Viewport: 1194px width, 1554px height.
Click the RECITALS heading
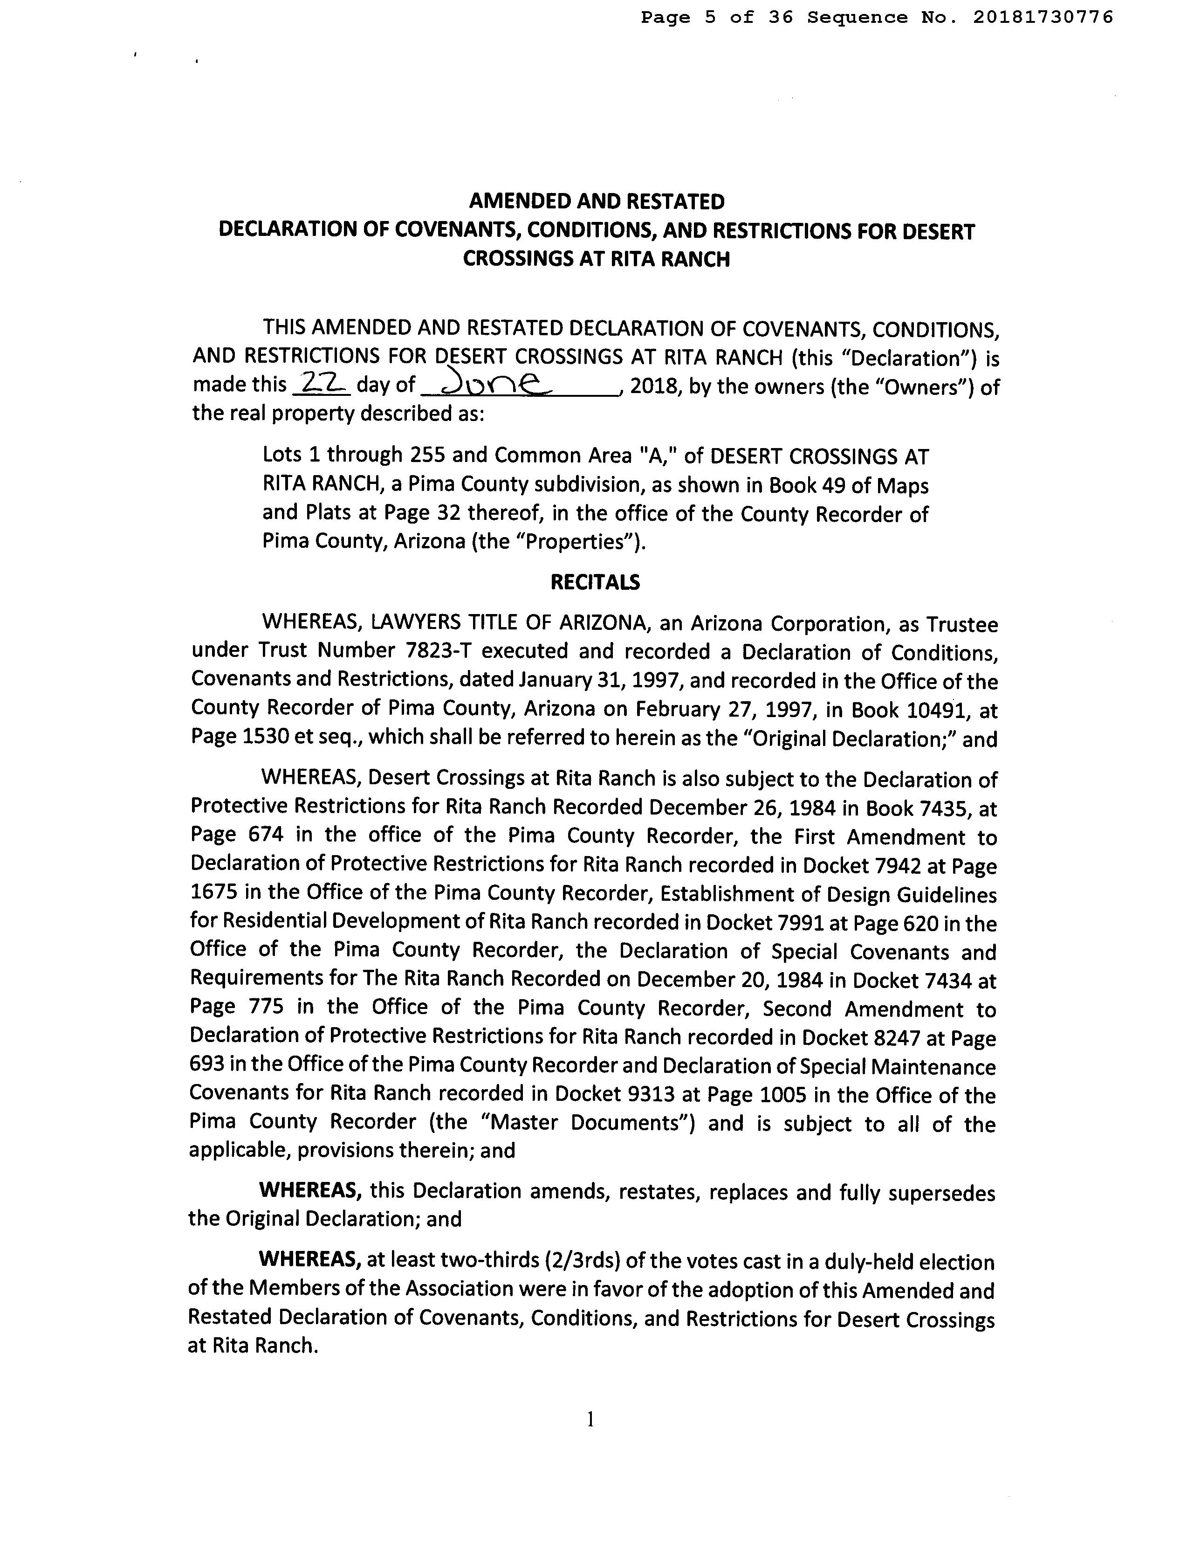pyautogui.click(x=596, y=582)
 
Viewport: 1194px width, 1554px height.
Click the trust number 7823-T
pyautogui.click(x=440, y=651)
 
